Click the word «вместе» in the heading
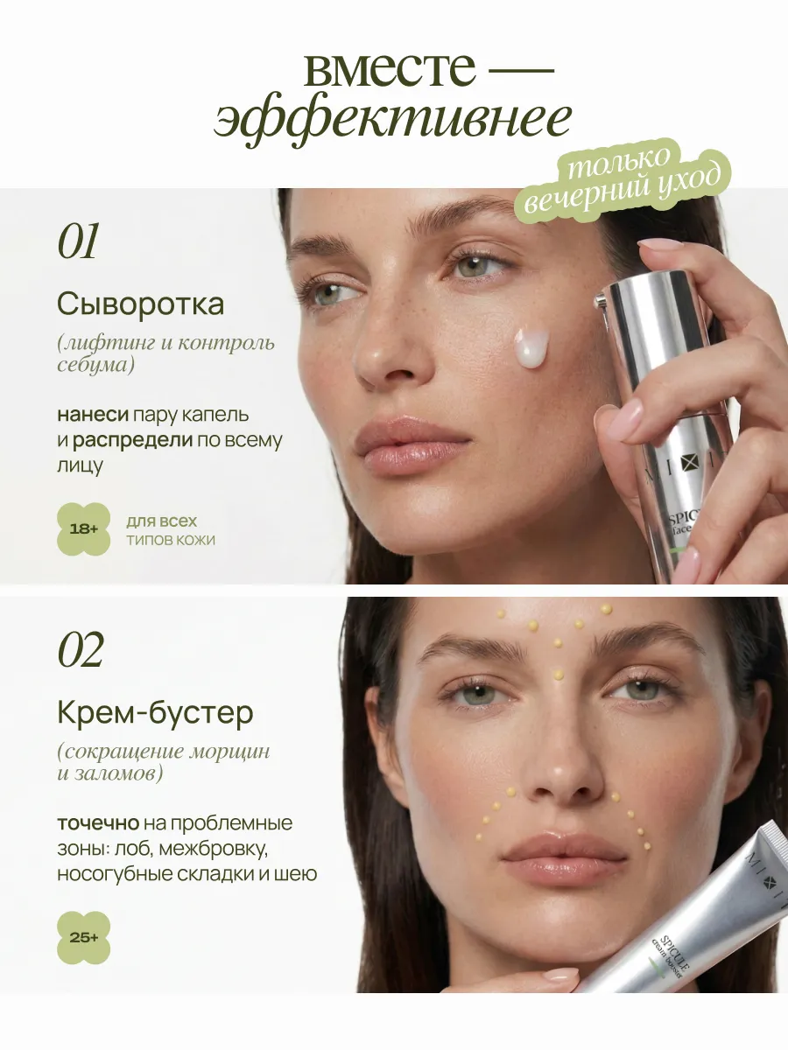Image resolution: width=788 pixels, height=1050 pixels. click(x=390, y=70)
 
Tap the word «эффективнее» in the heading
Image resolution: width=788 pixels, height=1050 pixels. click(x=392, y=120)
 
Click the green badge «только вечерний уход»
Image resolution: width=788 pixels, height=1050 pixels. click(x=622, y=182)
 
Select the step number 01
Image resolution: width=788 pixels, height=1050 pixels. click(x=78, y=241)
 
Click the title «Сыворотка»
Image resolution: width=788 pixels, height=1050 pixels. click(x=141, y=304)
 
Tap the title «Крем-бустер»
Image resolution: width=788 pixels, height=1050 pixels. click(x=155, y=713)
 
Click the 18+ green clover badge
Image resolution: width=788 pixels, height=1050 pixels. click(x=84, y=529)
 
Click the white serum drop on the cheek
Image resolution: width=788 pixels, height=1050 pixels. click(x=531, y=348)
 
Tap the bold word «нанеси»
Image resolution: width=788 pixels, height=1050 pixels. click(x=93, y=415)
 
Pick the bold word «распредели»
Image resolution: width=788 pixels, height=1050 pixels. click(x=132, y=440)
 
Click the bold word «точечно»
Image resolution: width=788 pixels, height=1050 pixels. click(x=98, y=823)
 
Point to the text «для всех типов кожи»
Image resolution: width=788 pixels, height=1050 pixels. click(x=171, y=530)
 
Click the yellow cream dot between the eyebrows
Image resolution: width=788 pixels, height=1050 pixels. click(x=558, y=675)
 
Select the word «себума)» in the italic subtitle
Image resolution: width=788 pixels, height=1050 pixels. click(x=95, y=366)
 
